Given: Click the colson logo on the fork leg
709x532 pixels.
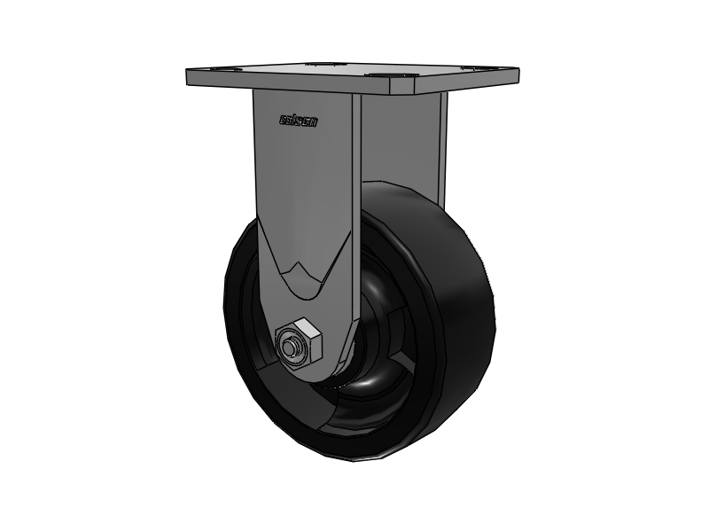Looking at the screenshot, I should click(x=298, y=121).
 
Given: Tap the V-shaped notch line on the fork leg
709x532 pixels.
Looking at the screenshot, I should click(x=297, y=275).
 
